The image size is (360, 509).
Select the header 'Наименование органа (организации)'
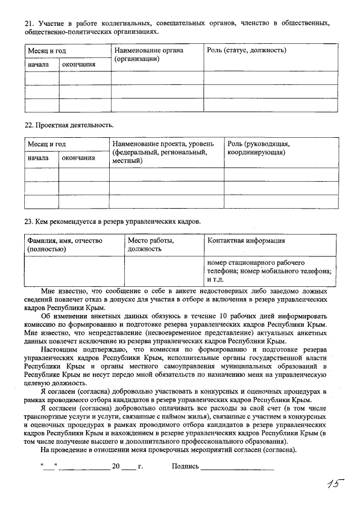coord(148,55)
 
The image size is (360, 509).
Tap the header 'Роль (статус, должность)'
coord(247,51)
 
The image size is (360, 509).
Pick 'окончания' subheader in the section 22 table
coord(78,157)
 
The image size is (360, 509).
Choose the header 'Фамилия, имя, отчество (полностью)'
coord(66,244)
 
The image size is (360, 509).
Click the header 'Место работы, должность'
coord(151,244)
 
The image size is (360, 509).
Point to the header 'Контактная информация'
coord(246,241)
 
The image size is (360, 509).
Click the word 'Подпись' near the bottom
coord(185,467)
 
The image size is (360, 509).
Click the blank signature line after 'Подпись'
coord(237,468)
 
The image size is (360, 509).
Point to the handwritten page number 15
coord(336,485)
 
